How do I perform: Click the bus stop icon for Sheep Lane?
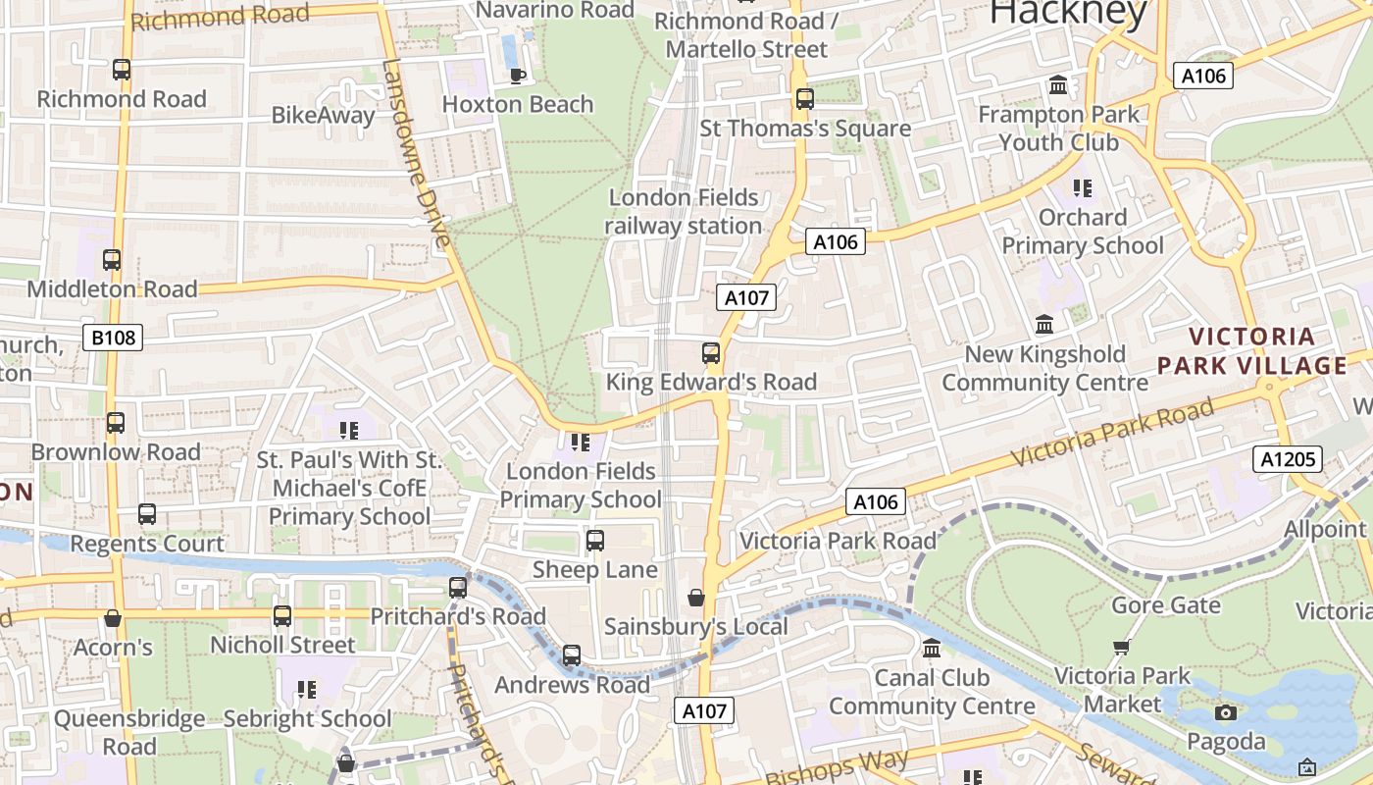pyautogui.click(x=594, y=541)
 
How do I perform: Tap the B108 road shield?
pyautogui.click(x=112, y=339)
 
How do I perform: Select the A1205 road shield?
pyautogui.click(x=1287, y=459)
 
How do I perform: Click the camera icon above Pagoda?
pyautogui.click(x=1225, y=712)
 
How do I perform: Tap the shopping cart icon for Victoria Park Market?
pyautogui.click(x=1122, y=647)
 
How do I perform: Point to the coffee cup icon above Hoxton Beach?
pyautogui.click(x=517, y=76)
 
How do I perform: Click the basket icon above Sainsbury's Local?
pyautogui.click(x=696, y=598)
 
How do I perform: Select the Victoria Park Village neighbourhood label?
pyautogui.click(x=1252, y=351)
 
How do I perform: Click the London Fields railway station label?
pyautogui.click(x=684, y=211)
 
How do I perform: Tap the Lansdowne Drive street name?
pyautogui.click(x=416, y=152)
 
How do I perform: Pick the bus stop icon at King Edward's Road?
pyautogui.click(x=711, y=353)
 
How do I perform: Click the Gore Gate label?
pyautogui.click(x=1165, y=605)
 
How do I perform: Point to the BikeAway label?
pyautogui.click(x=323, y=116)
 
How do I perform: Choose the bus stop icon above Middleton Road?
pyautogui.click(x=112, y=260)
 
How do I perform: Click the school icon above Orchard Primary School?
pyautogui.click(x=1083, y=187)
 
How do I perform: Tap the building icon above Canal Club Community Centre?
pyautogui.click(x=932, y=649)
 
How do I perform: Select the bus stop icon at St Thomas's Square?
pyautogui.click(x=804, y=99)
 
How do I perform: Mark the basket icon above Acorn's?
pyautogui.click(x=113, y=618)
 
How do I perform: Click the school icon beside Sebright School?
pyautogui.click(x=307, y=690)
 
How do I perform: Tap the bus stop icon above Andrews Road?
pyautogui.click(x=571, y=654)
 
